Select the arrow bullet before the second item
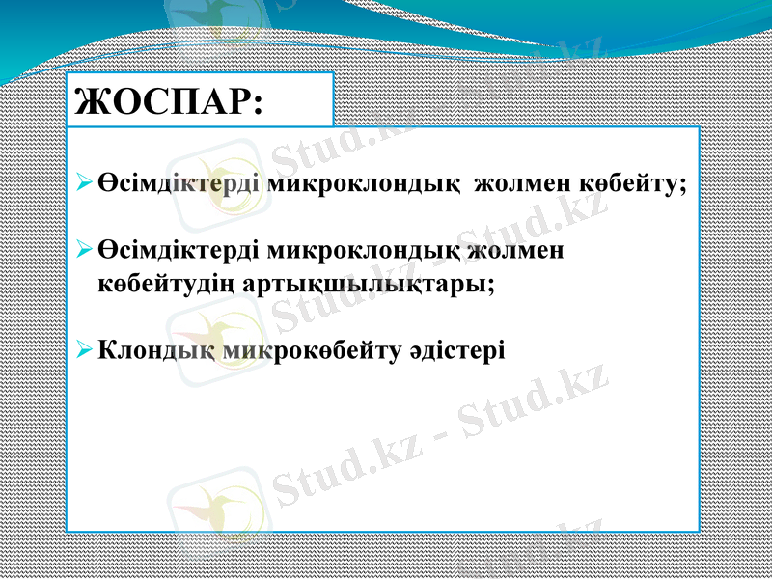point(84,251)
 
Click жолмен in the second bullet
point(516,251)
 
